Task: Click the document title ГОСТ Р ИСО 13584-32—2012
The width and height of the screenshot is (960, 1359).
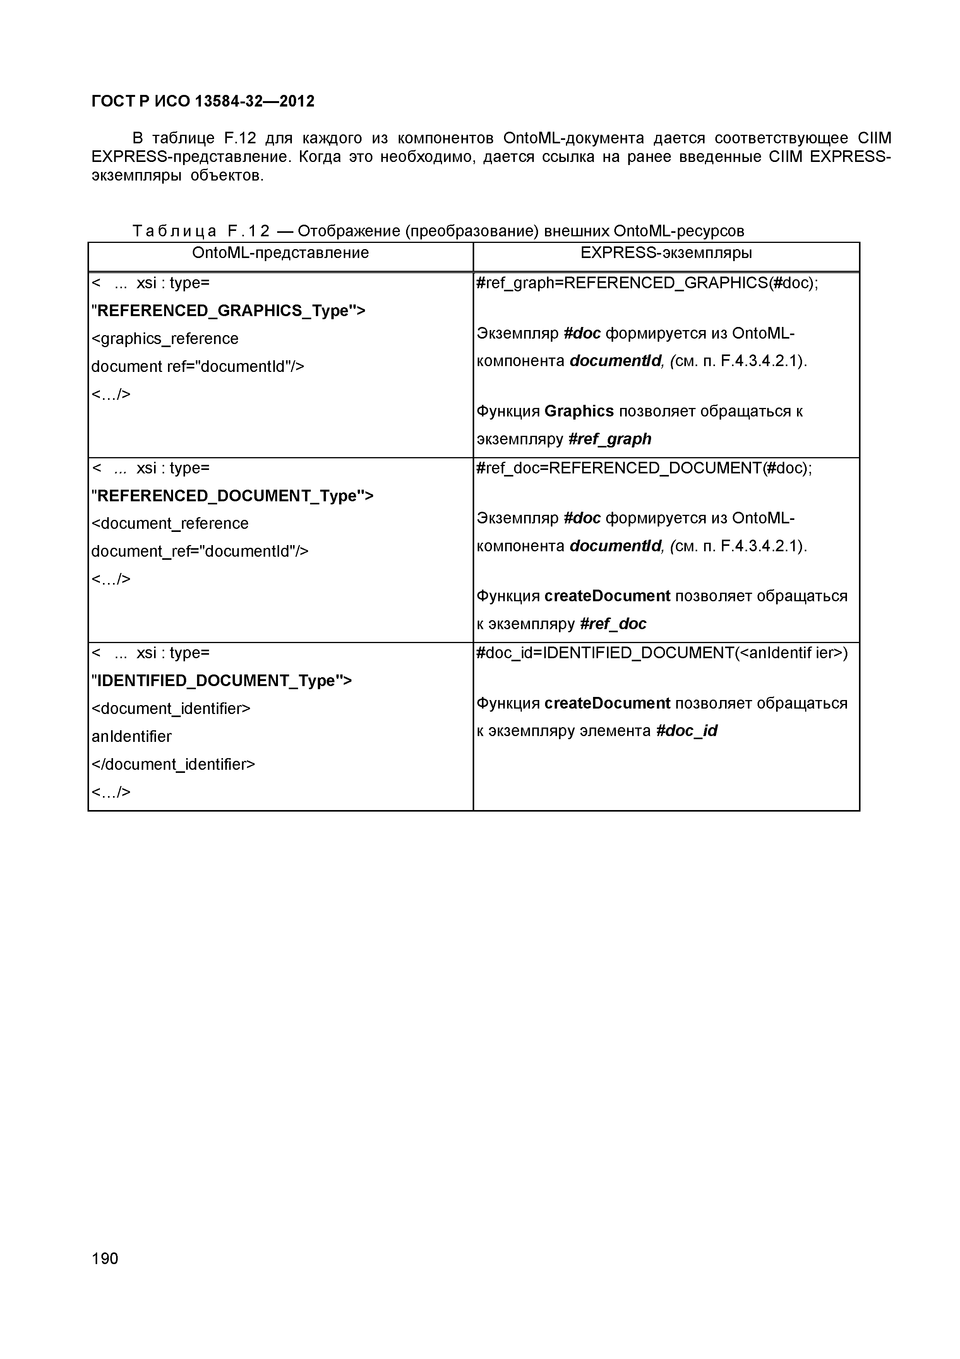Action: (203, 101)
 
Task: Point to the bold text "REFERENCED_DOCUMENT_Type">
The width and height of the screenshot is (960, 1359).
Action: (233, 495)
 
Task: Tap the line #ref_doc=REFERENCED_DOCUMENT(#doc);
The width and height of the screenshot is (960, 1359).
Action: (644, 468)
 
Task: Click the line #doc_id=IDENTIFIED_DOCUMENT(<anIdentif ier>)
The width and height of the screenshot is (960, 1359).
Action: (662, 653)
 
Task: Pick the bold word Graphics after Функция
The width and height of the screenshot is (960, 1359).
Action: (578, 411)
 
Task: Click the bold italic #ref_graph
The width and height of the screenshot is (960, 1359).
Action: (609, 439)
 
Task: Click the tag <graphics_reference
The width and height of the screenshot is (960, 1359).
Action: (165, 339)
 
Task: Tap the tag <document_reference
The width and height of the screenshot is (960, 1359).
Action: (170, 523)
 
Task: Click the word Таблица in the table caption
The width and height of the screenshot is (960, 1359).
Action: (175, 231)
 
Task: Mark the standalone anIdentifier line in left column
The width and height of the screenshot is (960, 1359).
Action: (131, 736)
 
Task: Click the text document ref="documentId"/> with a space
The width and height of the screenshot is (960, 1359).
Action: (197, 366)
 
